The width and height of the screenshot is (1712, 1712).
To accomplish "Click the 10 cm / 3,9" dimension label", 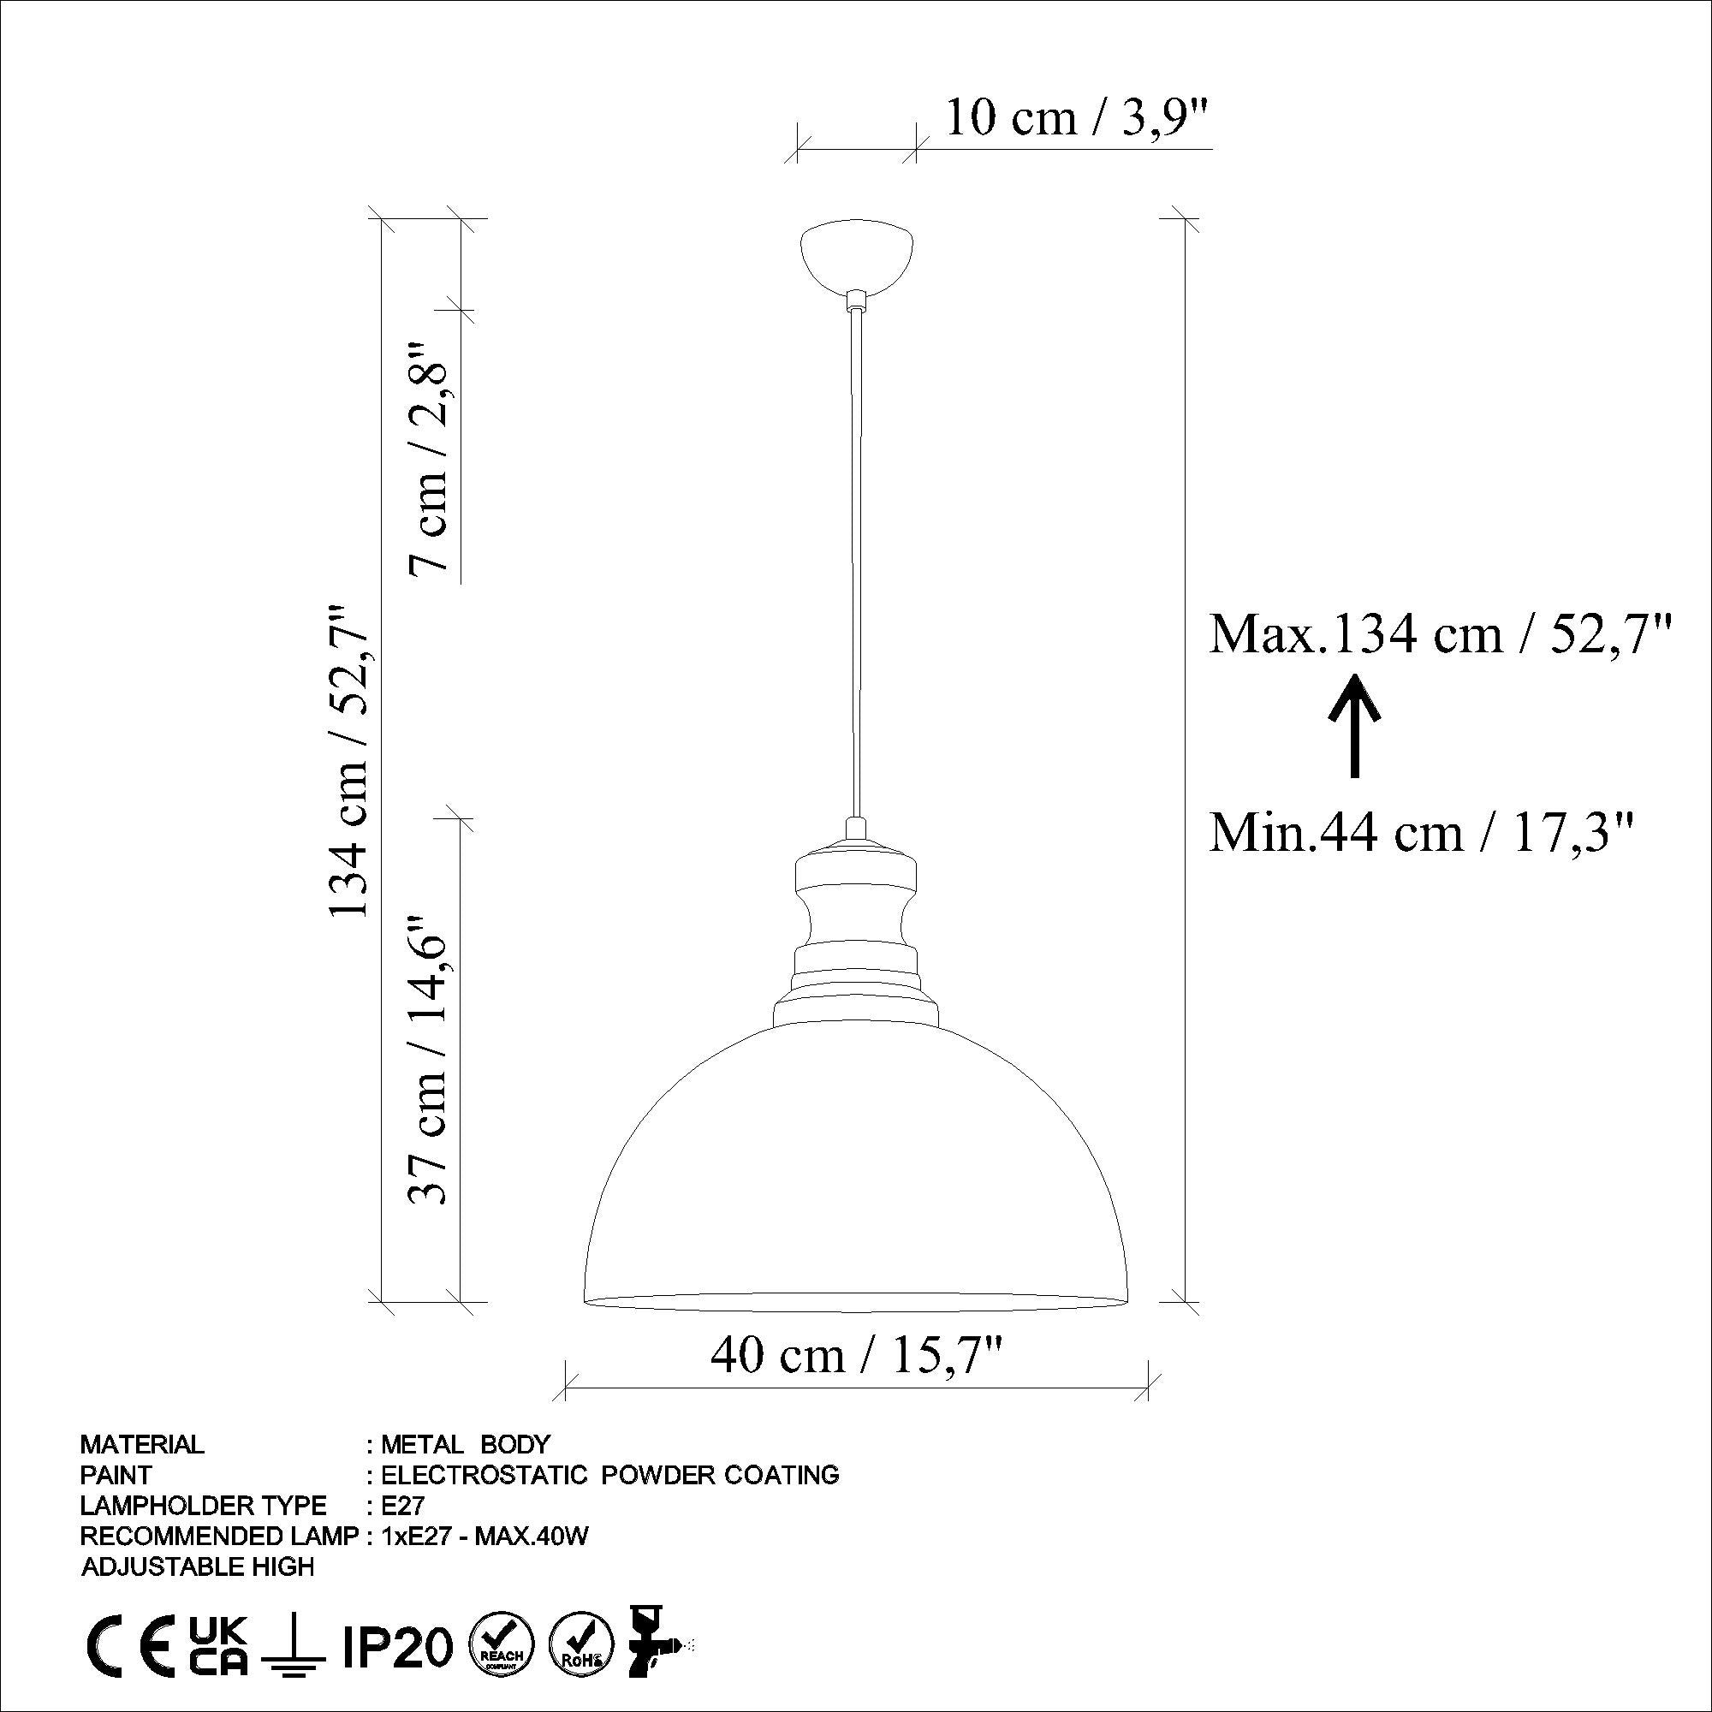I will click(x=1076, y=119).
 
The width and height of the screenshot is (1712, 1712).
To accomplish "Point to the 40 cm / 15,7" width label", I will click(x=856, y=1354).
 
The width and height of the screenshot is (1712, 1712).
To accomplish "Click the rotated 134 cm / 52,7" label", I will click(x=350, y=762).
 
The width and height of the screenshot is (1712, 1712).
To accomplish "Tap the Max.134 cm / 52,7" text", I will click(x=1442, y=634).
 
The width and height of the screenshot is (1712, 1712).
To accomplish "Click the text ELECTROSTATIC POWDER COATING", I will click(x=609, y=1475).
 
